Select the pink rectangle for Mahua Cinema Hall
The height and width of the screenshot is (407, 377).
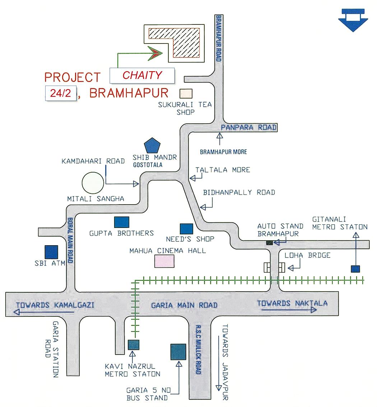(x=164, y=261)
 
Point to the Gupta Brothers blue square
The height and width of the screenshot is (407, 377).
(x=121, y=222)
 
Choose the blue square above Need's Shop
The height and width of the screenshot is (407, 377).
(x=186, y=229)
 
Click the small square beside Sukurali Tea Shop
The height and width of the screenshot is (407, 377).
(x=186, y=93)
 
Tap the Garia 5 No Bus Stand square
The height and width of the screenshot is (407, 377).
(x=178, y=352)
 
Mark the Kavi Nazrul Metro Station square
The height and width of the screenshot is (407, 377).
(x=134, y=344)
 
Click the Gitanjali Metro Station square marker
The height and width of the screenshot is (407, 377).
(x=355, y=269)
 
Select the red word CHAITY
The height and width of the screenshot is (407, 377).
(x=142, y=75)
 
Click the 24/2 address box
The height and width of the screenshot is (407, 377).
(x=61, y=93)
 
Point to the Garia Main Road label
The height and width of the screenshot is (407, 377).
(x=184, y=305)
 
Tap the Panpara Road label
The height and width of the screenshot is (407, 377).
(x=248, y=127)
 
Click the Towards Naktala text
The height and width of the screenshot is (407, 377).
(x=292, y=303)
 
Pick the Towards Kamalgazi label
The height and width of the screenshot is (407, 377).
(x=55, y=305)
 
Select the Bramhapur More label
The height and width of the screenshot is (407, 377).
(x=223, y=152)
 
